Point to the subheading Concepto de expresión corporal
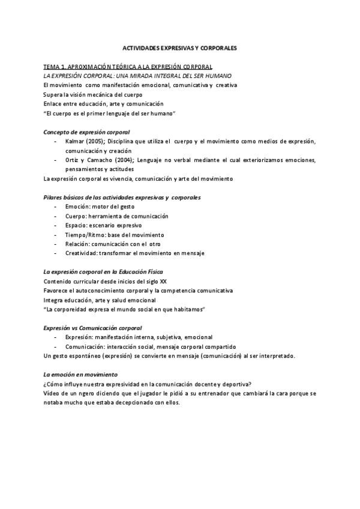86,131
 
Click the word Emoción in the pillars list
77,206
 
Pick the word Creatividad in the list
81,253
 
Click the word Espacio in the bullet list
76,225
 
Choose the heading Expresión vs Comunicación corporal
92,328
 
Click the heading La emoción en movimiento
80,375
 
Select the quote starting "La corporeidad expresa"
124,310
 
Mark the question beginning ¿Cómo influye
147,384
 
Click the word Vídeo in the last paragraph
52,394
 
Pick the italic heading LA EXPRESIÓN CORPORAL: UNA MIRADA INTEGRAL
133,76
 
